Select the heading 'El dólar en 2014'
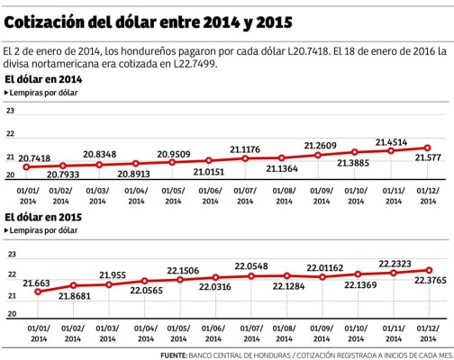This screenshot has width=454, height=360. click(41, 80)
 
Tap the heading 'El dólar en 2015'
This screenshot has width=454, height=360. click(41, 217)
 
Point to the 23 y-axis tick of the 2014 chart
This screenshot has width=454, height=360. click(10, 111)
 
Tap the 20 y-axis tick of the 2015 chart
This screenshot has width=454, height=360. click(10, 313)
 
